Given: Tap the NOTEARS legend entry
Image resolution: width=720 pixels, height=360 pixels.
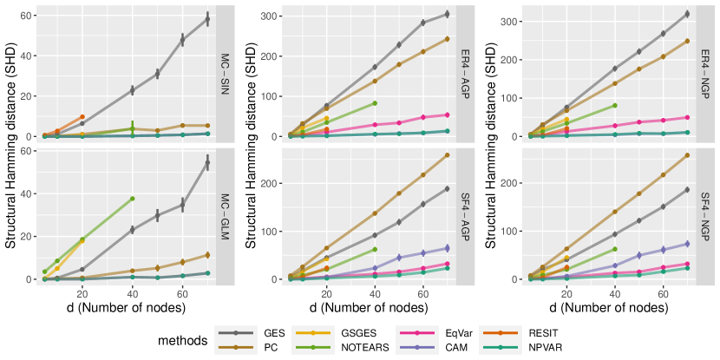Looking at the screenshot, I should (x=355, y=348).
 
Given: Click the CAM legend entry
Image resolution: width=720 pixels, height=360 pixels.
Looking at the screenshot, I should (x=445, y=348).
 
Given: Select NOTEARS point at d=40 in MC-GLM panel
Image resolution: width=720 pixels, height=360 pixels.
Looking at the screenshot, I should (x=132, y=199).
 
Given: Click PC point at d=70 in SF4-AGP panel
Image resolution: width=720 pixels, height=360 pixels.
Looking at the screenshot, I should (x=447, y=155).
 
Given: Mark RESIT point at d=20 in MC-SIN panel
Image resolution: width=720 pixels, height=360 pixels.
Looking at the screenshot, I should (x=82, y=117).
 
